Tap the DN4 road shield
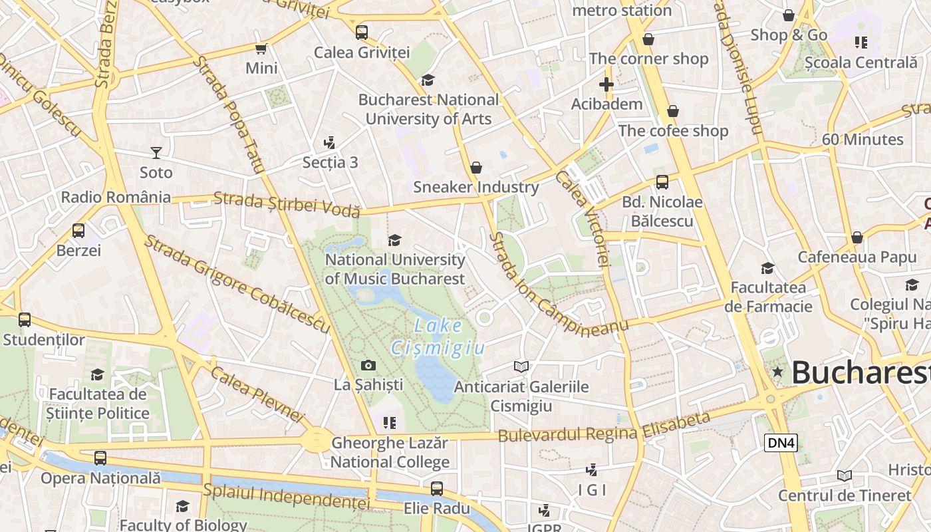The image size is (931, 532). [781, 443]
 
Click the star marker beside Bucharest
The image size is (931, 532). [777, 372]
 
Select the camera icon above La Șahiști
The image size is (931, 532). [368, 365]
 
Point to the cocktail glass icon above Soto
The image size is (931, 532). [156, 153]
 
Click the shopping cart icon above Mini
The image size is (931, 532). [261, 49]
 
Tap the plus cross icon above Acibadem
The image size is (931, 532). [606, 84]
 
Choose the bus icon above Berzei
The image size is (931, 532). [78, 231]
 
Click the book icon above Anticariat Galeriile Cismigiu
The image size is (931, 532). [521, 366]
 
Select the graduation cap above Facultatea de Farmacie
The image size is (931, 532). [767, 268]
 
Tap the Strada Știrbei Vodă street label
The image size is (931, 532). [287, 203]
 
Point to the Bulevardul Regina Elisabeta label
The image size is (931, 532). [604, 428]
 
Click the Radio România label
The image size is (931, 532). [116, 198]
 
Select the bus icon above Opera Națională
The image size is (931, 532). [100, 458]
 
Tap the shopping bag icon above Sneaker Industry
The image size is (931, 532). [476, 168]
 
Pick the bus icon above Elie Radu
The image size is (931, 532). [437, 489]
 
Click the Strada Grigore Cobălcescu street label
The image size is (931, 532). [237, 284]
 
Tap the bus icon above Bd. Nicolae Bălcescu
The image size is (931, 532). [662, 182]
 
